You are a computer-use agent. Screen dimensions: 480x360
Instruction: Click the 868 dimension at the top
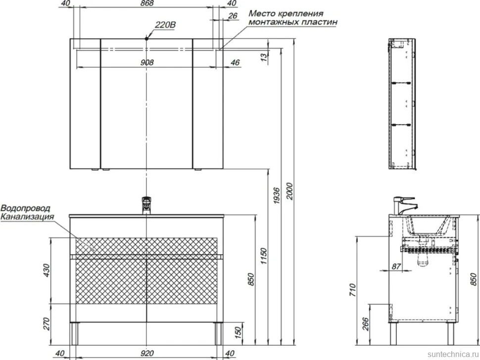[x=147, y=3]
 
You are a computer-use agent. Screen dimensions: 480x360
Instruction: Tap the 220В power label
[x=165, y=24]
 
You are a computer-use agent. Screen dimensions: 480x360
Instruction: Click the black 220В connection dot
[x=146, y=39]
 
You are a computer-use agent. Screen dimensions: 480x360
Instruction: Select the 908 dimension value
[x=147, y=62]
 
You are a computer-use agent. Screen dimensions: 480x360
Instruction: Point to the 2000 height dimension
[x=289, y=191]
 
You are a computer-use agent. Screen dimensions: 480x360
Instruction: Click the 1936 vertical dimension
[x=276, y=196]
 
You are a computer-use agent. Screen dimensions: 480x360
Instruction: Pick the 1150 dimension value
[x=263, y=256]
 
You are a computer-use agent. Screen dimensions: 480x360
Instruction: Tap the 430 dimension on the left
[x=46, y=270]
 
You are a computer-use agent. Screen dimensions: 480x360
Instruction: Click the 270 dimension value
[x=46, y=323]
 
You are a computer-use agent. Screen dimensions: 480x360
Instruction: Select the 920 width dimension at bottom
[x=147, y=353]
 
